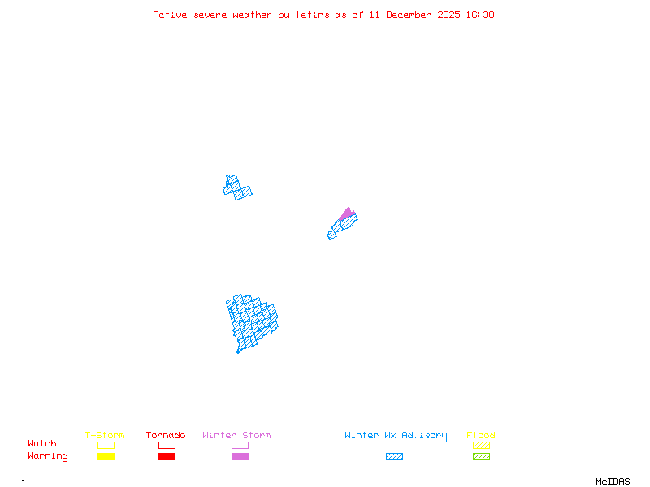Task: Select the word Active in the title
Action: pos(171,15)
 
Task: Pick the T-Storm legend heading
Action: pos(105,435)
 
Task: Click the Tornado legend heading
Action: pos(166,435)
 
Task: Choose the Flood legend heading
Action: pos(481,435)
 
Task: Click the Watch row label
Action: pos(42,444)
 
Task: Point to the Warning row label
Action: pos(48,456)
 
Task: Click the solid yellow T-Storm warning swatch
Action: pos(106,456)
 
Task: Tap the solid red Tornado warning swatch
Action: pos(167,456)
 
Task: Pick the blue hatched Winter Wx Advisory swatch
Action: pos(394,456)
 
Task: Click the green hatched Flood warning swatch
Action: pos(481,456)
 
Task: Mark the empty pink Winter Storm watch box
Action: pos(240,445)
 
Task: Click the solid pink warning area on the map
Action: pos(347,213)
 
